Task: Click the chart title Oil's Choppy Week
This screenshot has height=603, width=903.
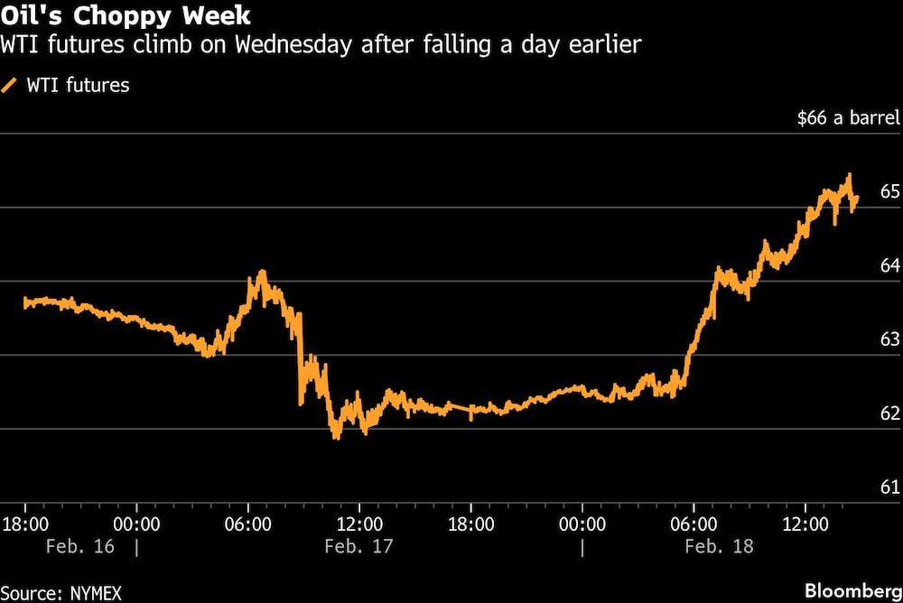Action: [126, 16]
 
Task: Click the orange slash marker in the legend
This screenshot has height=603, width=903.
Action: [10, 86]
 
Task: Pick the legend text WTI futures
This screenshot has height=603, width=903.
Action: [78, 86]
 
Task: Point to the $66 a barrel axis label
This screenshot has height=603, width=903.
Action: [849, 117]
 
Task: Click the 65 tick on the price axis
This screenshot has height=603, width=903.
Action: [889, 191]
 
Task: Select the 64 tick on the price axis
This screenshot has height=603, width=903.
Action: [889, 265]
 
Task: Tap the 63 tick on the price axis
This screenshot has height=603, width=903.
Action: [889, 339]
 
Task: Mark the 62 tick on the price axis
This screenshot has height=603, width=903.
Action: [889, 413]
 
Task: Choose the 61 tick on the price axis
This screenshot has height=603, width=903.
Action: [889, 487]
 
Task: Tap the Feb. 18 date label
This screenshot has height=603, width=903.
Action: [719, 547]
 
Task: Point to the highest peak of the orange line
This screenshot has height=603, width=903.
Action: [849, 175]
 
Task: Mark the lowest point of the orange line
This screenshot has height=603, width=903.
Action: [337, 438]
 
